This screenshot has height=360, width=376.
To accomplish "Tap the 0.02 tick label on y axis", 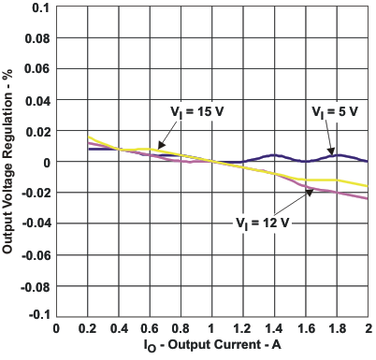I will (36, 131).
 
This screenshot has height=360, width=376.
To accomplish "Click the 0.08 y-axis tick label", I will (36, 39).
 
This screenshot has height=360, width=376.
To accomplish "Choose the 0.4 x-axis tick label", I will (119, 329).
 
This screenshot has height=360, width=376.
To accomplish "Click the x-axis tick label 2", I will (369, 329).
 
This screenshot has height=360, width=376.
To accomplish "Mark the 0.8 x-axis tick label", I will (181, 329).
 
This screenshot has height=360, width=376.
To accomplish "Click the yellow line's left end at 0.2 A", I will (88, 137).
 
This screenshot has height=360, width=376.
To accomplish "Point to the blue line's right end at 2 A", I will (368, 161).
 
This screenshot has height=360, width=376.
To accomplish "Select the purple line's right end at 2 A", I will (368, 199).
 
